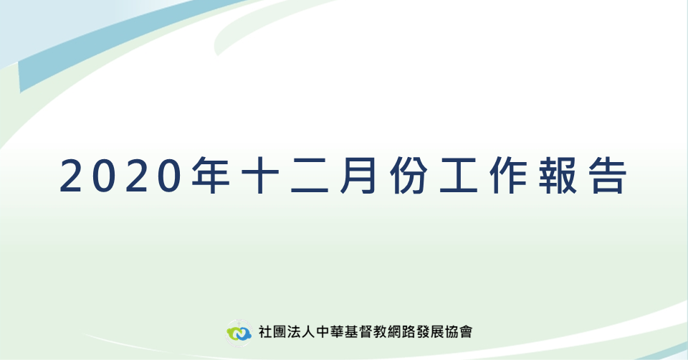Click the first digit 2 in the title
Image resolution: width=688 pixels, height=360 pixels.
pyautogui.click(x=71, y=176)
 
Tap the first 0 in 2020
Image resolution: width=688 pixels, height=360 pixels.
pyautogui.click(x=104, y=176)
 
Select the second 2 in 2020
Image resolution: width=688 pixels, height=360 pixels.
pyautogui.click(x=137, y=176)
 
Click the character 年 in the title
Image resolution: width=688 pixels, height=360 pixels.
pyautogui.click(x=211, y=176)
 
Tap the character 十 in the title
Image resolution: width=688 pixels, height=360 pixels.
pyautogui.click(x=261, y=176)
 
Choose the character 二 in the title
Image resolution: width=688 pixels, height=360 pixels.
pyautogui.click(x=310, y=176)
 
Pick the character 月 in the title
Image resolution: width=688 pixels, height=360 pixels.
pyautogui.click(x=358, y=176)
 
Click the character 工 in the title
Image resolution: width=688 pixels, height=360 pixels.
pyautogui.click(x=459, y=176)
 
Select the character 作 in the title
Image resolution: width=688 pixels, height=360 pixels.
pyautogui.click(x=508, y=176)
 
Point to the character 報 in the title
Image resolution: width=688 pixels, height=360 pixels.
pyautogui.click(x=558, y=176)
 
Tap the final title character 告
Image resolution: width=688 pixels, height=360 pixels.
pyautogui.click(x=607, y=176)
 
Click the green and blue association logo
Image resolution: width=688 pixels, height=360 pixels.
pyautogui.click(x=239, y=333)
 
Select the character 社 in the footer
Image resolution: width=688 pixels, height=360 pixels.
pyautogui.click(x=265, y=331)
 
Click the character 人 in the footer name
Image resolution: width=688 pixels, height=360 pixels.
pyautogui.click(x=308, y=331)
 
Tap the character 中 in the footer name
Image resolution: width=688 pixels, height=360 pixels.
pyautogui.click(x=322, y=331)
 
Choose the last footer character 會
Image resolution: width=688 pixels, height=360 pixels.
pyautogui.click(x=466, y=331)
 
